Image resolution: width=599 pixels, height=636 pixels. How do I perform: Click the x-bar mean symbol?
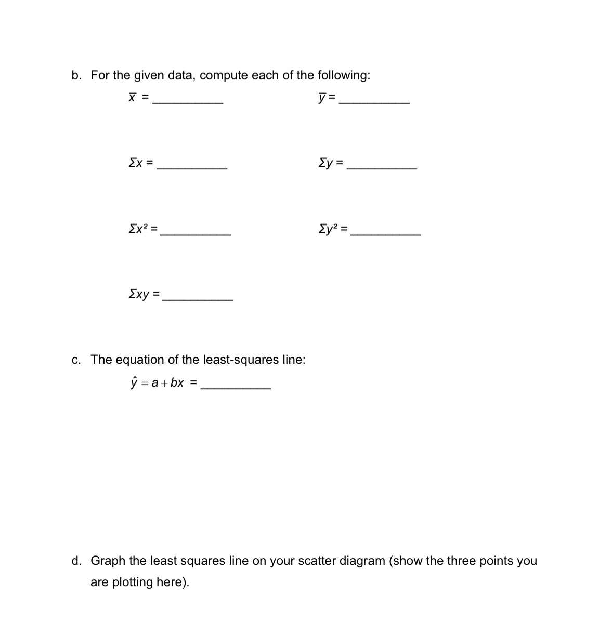(x=133, y=97)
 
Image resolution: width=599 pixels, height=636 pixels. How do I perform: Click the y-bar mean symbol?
(x=322, y=98)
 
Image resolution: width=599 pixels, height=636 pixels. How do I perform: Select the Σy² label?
(x=329, y=228)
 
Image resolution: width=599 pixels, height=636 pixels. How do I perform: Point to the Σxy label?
(x=139, y=294)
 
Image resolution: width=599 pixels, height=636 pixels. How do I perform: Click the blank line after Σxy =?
(x=198, y=300)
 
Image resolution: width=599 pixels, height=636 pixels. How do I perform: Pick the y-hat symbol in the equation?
(x=134, y=383)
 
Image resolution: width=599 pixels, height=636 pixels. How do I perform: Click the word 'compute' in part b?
(x=224, y=75)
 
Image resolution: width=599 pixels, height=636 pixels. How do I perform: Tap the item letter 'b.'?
(x=76, y=75)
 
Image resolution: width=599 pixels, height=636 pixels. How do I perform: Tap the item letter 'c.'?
(x=76, y=360)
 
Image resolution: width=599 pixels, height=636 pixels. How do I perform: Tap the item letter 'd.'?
(x=76, y=561)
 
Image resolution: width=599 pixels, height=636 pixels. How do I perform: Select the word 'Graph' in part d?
(x=108, y=561)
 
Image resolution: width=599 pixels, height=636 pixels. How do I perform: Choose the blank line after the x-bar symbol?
(x=188, y=103)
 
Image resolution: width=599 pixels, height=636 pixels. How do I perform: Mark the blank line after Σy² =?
(x=386, y=235)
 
